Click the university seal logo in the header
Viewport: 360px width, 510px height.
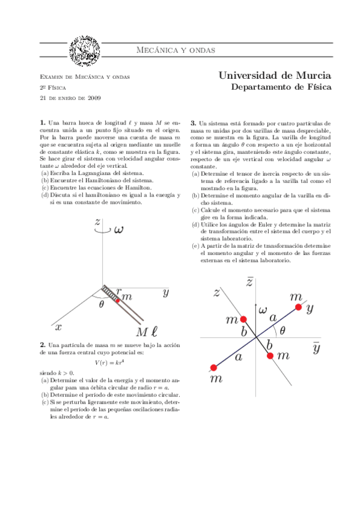coord(85,51)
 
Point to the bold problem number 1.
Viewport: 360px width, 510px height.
coord(41,122)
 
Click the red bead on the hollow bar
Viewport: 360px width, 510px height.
coord(118,299)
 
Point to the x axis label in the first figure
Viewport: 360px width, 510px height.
coord(58,328)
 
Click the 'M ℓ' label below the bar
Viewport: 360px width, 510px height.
coord(146,332)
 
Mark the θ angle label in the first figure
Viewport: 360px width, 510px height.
coord(101,304)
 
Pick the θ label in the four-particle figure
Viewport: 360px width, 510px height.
coord(282,330)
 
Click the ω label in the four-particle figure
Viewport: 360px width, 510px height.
coord(263,310)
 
